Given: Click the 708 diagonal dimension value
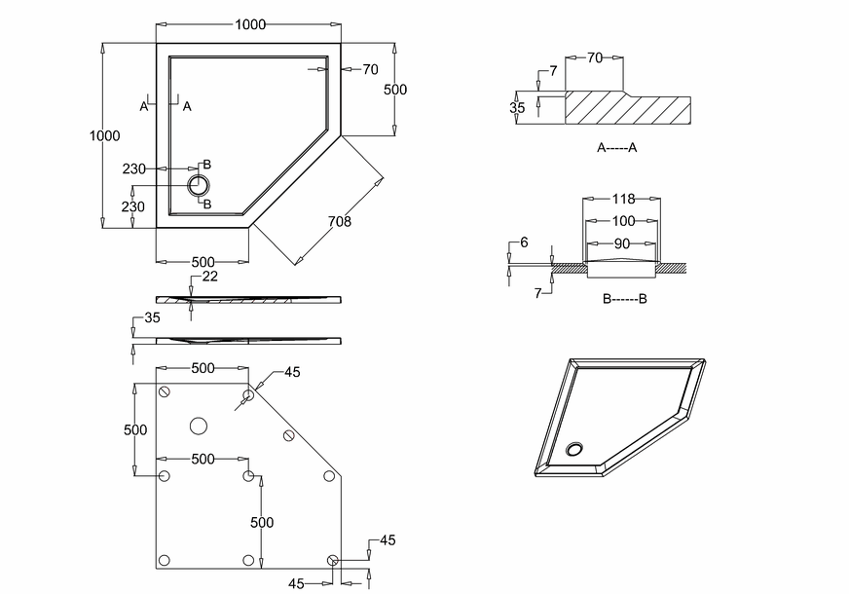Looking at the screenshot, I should coord(340,222).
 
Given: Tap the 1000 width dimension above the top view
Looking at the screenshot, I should coord(250,24).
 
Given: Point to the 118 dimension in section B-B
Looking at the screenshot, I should coord(623,199).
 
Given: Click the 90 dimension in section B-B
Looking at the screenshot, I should coord(623,241).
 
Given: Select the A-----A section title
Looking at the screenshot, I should coord(617,148).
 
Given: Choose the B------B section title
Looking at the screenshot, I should coord(624,299).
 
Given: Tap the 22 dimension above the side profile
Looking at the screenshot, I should coord(210,278).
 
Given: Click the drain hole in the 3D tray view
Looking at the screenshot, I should coord(576,449).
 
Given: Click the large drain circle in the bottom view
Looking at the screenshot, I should coord(199,426).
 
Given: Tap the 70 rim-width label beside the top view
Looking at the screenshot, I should coord(370,69).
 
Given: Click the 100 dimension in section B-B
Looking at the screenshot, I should coord(623,221).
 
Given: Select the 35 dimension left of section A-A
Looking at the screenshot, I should coord(517,108).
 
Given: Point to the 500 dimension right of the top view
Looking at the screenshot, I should coord(394,90).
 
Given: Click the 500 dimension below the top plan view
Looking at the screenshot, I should coord(203,262).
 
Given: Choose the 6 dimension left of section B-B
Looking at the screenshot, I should coord(524,242).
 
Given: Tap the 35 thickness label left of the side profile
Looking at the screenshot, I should coord(151,318).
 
